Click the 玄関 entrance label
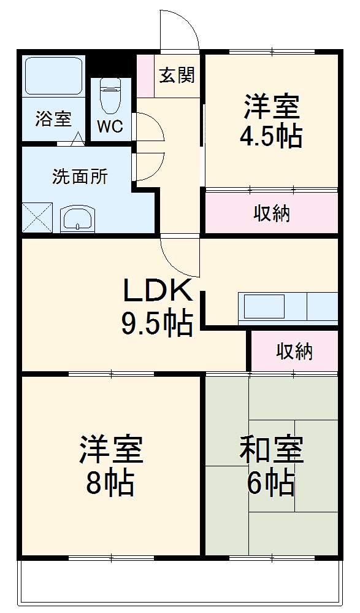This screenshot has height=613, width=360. (177, 75)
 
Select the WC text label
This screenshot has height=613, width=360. (110, 127)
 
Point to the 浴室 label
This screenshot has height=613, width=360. (53, 119)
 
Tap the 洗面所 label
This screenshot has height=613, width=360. (80, 177)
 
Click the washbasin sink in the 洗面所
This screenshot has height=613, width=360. (78, 218)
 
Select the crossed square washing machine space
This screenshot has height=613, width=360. (37, 218)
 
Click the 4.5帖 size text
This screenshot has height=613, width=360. (270, 136)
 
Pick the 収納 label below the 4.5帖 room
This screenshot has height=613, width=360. (272, 214)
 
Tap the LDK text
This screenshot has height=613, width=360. (159, 290)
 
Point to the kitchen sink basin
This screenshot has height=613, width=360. (264, 306)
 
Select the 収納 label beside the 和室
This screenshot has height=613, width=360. (294, 352)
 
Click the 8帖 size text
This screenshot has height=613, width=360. (110, 484)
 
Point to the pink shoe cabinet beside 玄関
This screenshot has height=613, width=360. (145, 76)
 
